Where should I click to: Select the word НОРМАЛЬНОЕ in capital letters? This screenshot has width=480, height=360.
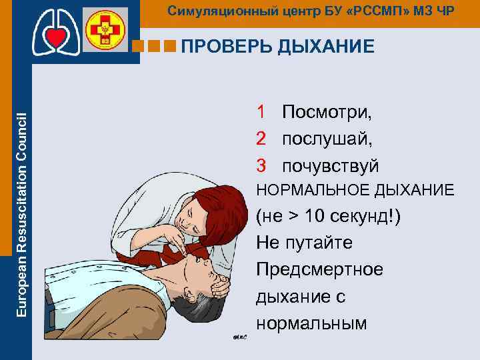[310, 191]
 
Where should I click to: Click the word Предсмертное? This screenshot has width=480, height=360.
[319, 270]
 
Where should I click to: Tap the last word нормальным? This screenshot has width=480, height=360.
[311, 323]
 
